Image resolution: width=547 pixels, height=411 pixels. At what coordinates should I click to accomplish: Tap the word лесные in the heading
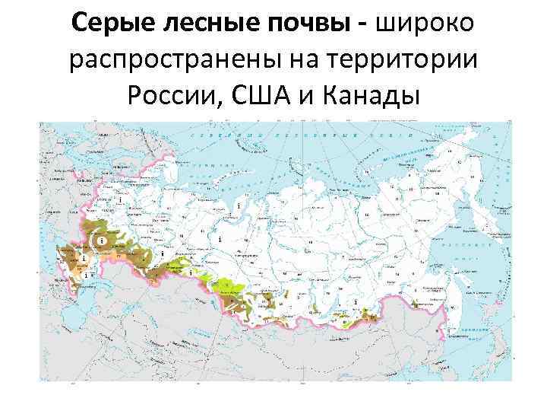pyautogui.click(x=201, y=24)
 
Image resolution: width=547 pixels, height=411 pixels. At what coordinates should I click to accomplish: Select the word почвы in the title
pyautogui.click(x=300, y=24)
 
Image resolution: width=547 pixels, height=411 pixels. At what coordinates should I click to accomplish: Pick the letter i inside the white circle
pyautogui.click(x=100, y=241)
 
